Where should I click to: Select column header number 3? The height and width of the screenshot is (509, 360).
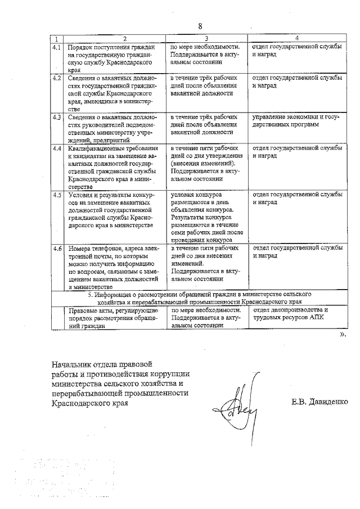207,39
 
